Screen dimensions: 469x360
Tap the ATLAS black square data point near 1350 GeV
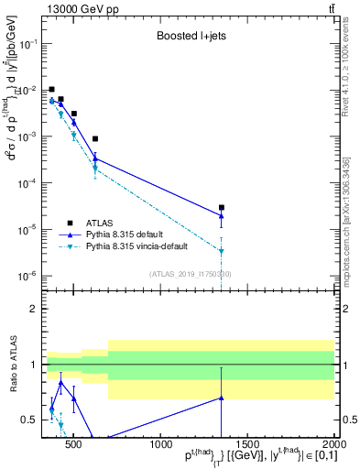pyautogui.click(x=222, y=208)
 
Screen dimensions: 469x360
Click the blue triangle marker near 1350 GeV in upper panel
pyautogui.click(x=222, y=216)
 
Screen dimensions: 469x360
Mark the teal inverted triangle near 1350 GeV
pyautogui.click(x=222, y=251)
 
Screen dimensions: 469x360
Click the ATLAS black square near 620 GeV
pyautogui.click(x=95, y=139)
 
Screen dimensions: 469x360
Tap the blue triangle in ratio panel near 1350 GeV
pyautogui.click(x=222, y=398)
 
